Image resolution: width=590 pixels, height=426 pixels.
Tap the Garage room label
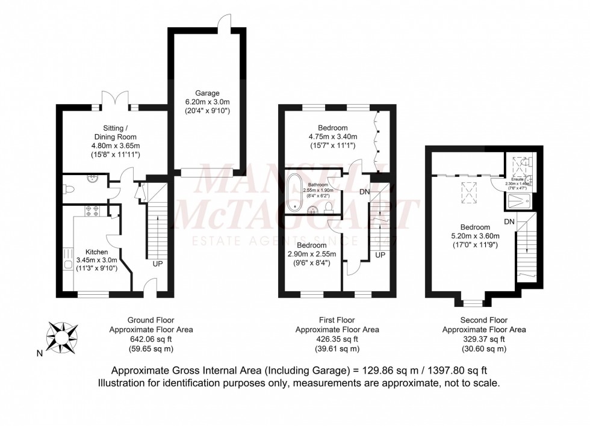tap(208, 93)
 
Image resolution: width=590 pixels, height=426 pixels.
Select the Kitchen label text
tap(97, 252)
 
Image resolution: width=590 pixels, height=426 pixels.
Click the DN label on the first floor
tap(364, 192)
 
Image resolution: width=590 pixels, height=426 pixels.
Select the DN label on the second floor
tap(509, 222)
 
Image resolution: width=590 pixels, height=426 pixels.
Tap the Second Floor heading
tap(483, 321)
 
